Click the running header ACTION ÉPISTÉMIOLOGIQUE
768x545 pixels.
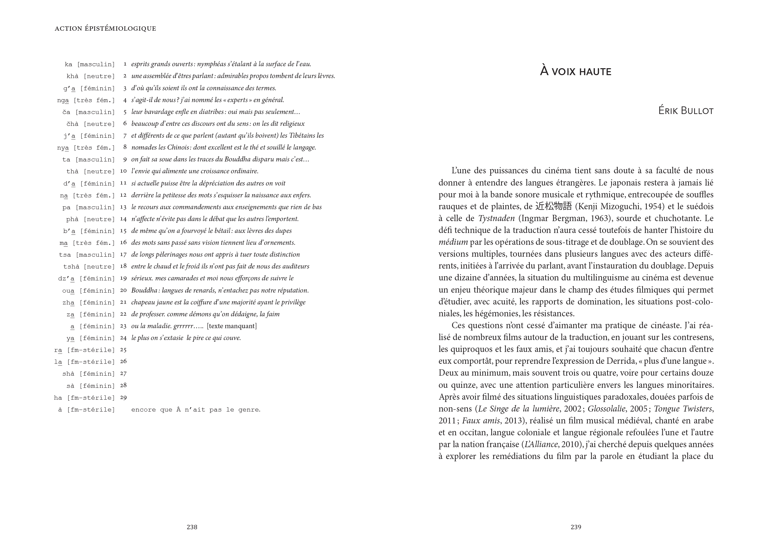coord(105,29)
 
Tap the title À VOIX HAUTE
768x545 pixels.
coord(575,72)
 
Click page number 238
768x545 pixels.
coord(192,527)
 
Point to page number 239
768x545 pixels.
coord(576,527)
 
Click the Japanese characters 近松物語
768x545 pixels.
coord(553,206)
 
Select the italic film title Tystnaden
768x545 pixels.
coord(496,218)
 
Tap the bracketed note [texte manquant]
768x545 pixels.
coord(232,326)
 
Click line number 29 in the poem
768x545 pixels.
coord(123,398)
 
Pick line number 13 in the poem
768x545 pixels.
coord(123,207)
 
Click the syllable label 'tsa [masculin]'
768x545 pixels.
coord(87,255)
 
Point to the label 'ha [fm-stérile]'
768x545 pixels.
coord(84,398)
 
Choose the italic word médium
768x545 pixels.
coord(453,242)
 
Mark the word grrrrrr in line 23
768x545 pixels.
coord(183,326)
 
